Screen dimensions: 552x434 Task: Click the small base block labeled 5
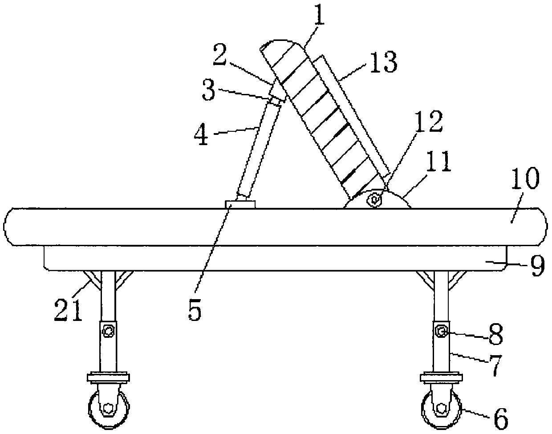(240, 204)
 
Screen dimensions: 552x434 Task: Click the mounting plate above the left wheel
(109, 378)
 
